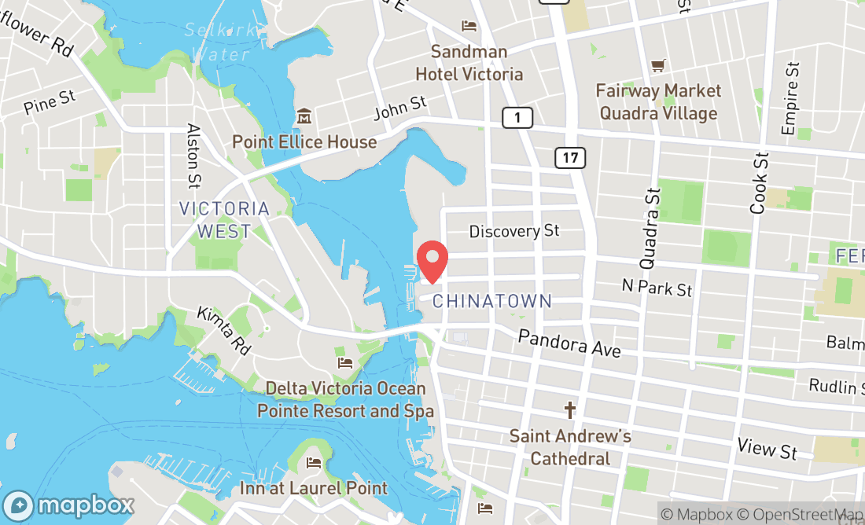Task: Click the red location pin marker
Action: [432, 262]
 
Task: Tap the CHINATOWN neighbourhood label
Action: [492, 301]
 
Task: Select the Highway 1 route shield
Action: [517, 118]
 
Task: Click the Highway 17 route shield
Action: [570, 157]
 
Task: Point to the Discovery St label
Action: [514, 231]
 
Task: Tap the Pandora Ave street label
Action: [569, 343]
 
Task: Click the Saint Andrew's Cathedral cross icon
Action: [570, 410]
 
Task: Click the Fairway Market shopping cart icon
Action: [658, 66]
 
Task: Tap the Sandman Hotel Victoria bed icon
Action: [469, 26]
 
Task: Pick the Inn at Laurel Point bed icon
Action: [314, 462]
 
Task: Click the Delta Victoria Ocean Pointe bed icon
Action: [345, 362]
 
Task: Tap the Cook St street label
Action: [759, 183]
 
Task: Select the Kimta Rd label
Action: [224, 330]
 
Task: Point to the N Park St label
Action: [657, 288]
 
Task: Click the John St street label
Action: [400, 108]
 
